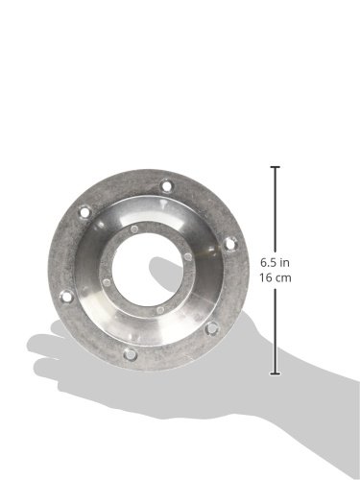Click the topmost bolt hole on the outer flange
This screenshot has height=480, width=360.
[166, 186]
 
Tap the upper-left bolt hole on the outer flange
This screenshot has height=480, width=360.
[84, 212]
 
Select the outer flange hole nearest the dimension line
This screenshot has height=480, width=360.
[229, 244]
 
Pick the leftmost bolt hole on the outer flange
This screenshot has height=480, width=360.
[67, 297]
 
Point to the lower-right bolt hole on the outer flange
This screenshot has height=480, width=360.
[212, 327]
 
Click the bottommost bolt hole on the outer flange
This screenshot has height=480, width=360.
[131, 354]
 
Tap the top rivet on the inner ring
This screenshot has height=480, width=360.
[134, 228]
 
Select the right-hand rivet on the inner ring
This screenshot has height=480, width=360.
[188, 256]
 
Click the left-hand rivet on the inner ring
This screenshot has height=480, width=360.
[108, 282]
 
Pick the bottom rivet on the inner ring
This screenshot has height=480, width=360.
[160, 310]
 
